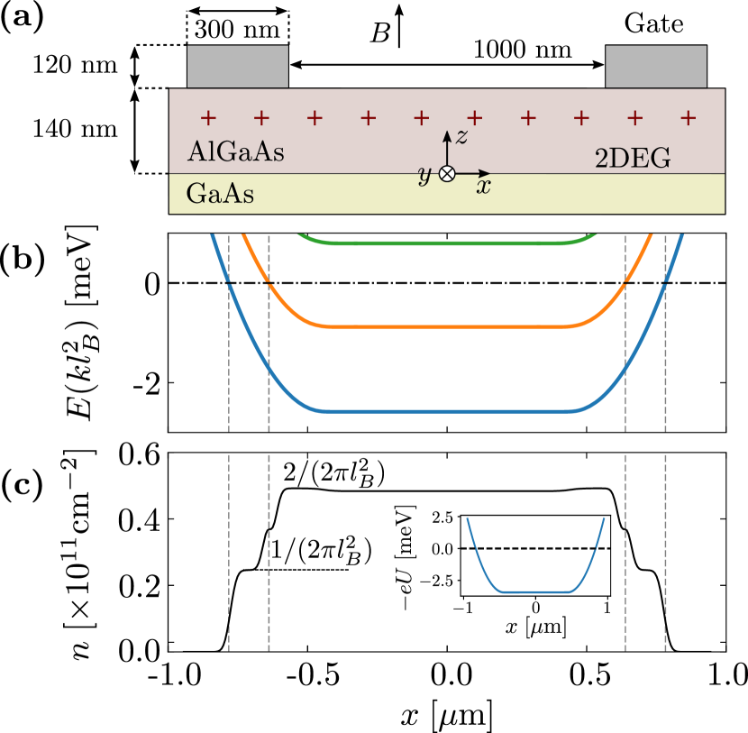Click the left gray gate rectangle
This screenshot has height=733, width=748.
(237, 67)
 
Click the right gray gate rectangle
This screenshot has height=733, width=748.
(655, 67)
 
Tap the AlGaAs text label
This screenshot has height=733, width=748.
(235, 152)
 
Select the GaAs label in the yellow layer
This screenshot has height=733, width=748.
(219, 194)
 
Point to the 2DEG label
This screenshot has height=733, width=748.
(633, 160)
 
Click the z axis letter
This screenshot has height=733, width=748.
(461, 137)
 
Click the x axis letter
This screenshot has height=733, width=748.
(484, 188)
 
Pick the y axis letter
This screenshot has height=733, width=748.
(424, 175)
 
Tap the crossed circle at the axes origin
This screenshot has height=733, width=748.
(446, 174)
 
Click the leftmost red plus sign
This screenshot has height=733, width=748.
(208, 117)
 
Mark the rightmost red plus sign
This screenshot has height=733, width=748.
(688, 117)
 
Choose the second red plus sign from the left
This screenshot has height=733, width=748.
(261, 117)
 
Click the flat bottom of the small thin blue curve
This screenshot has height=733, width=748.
(534, 592)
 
